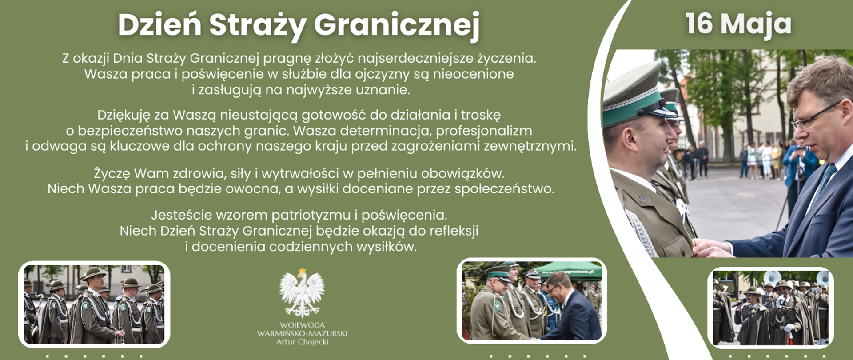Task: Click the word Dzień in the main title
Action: click(159, 25)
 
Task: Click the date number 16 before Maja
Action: click(699, 24)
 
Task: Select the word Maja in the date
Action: click(756, 24)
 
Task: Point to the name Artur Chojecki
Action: click(302, 342)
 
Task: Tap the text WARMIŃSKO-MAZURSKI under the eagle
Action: click(302, 333)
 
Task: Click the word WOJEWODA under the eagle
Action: click(302, 325)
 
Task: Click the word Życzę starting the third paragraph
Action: click(112, 173)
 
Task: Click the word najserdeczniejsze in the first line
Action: click(415, 58)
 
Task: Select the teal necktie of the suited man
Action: click(825, 178)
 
